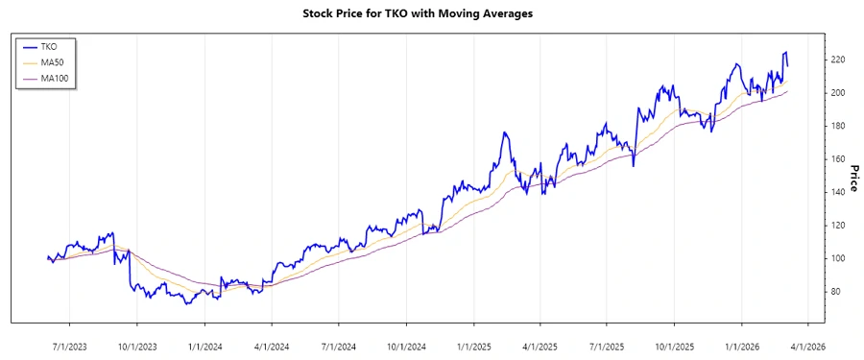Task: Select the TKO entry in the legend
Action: click(x=49, y=46)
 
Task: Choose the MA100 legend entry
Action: click(x=55, y=78)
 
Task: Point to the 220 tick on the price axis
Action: click(x=836, y=60)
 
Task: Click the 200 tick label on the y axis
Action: click(x=836, y=93)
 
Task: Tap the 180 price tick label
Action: click(x=836, y=126)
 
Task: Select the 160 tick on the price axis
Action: click(x=836, y=159)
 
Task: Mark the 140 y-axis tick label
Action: click(x=836, y=192)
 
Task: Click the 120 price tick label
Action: click(x=836, y=226)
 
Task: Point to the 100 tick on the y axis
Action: click(x=836, y=258)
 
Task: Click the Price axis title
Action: click(x=853, y=178)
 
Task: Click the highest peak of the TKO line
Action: click(x=786, y=52)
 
